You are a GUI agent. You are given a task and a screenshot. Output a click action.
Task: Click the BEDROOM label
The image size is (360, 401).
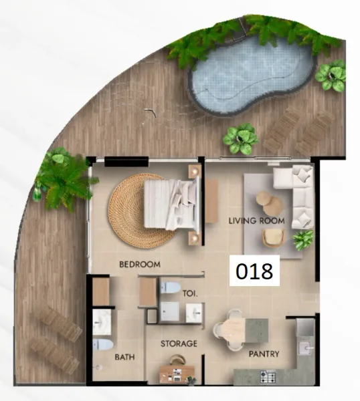click(140, 265)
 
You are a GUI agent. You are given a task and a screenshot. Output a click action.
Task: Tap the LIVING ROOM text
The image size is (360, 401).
click(257, 221)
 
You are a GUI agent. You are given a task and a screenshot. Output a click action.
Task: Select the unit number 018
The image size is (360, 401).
click(254, 271)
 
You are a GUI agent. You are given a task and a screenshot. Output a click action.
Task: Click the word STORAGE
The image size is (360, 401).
click(179, 344)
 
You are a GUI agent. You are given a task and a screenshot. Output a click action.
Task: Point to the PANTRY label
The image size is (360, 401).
click(264, 354)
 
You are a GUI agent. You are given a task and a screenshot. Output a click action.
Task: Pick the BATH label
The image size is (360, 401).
click(124, 357)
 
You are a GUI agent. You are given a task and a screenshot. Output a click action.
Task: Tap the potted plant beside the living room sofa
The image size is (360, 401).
click(303, 238)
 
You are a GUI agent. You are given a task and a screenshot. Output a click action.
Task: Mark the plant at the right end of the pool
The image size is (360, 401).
click(331, 76)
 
